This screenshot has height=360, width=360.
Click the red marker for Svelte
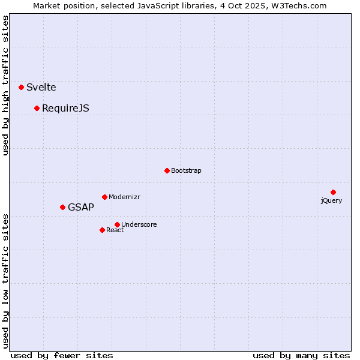click(22, 87)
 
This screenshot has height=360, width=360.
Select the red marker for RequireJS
click(37, 108)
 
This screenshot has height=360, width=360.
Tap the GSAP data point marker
click(63, 207)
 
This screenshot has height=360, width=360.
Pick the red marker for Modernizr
click(105, 197)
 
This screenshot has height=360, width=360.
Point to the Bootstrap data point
click(167, 170)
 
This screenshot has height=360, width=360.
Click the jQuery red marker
click(333, 192)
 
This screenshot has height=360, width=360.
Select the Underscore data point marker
click(117, 224)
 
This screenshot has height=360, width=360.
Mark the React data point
click(103, 230)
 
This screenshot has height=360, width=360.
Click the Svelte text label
click(41, 87)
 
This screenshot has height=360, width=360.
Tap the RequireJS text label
click(65, 108)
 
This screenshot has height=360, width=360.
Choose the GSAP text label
click(81, 207)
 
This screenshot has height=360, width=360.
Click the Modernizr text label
click(124, 197)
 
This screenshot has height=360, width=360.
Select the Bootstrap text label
click(186, 170)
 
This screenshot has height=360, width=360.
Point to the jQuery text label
click(331, 200)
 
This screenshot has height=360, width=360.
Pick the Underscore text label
click(139, 224)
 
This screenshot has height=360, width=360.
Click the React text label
click(115, 230)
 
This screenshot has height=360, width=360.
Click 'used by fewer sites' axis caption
click(62, 355)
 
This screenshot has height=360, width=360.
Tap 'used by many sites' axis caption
click(301, 355)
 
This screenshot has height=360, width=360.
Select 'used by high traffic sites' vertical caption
click(6, 85)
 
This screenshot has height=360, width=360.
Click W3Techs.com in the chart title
click(298, 6)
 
